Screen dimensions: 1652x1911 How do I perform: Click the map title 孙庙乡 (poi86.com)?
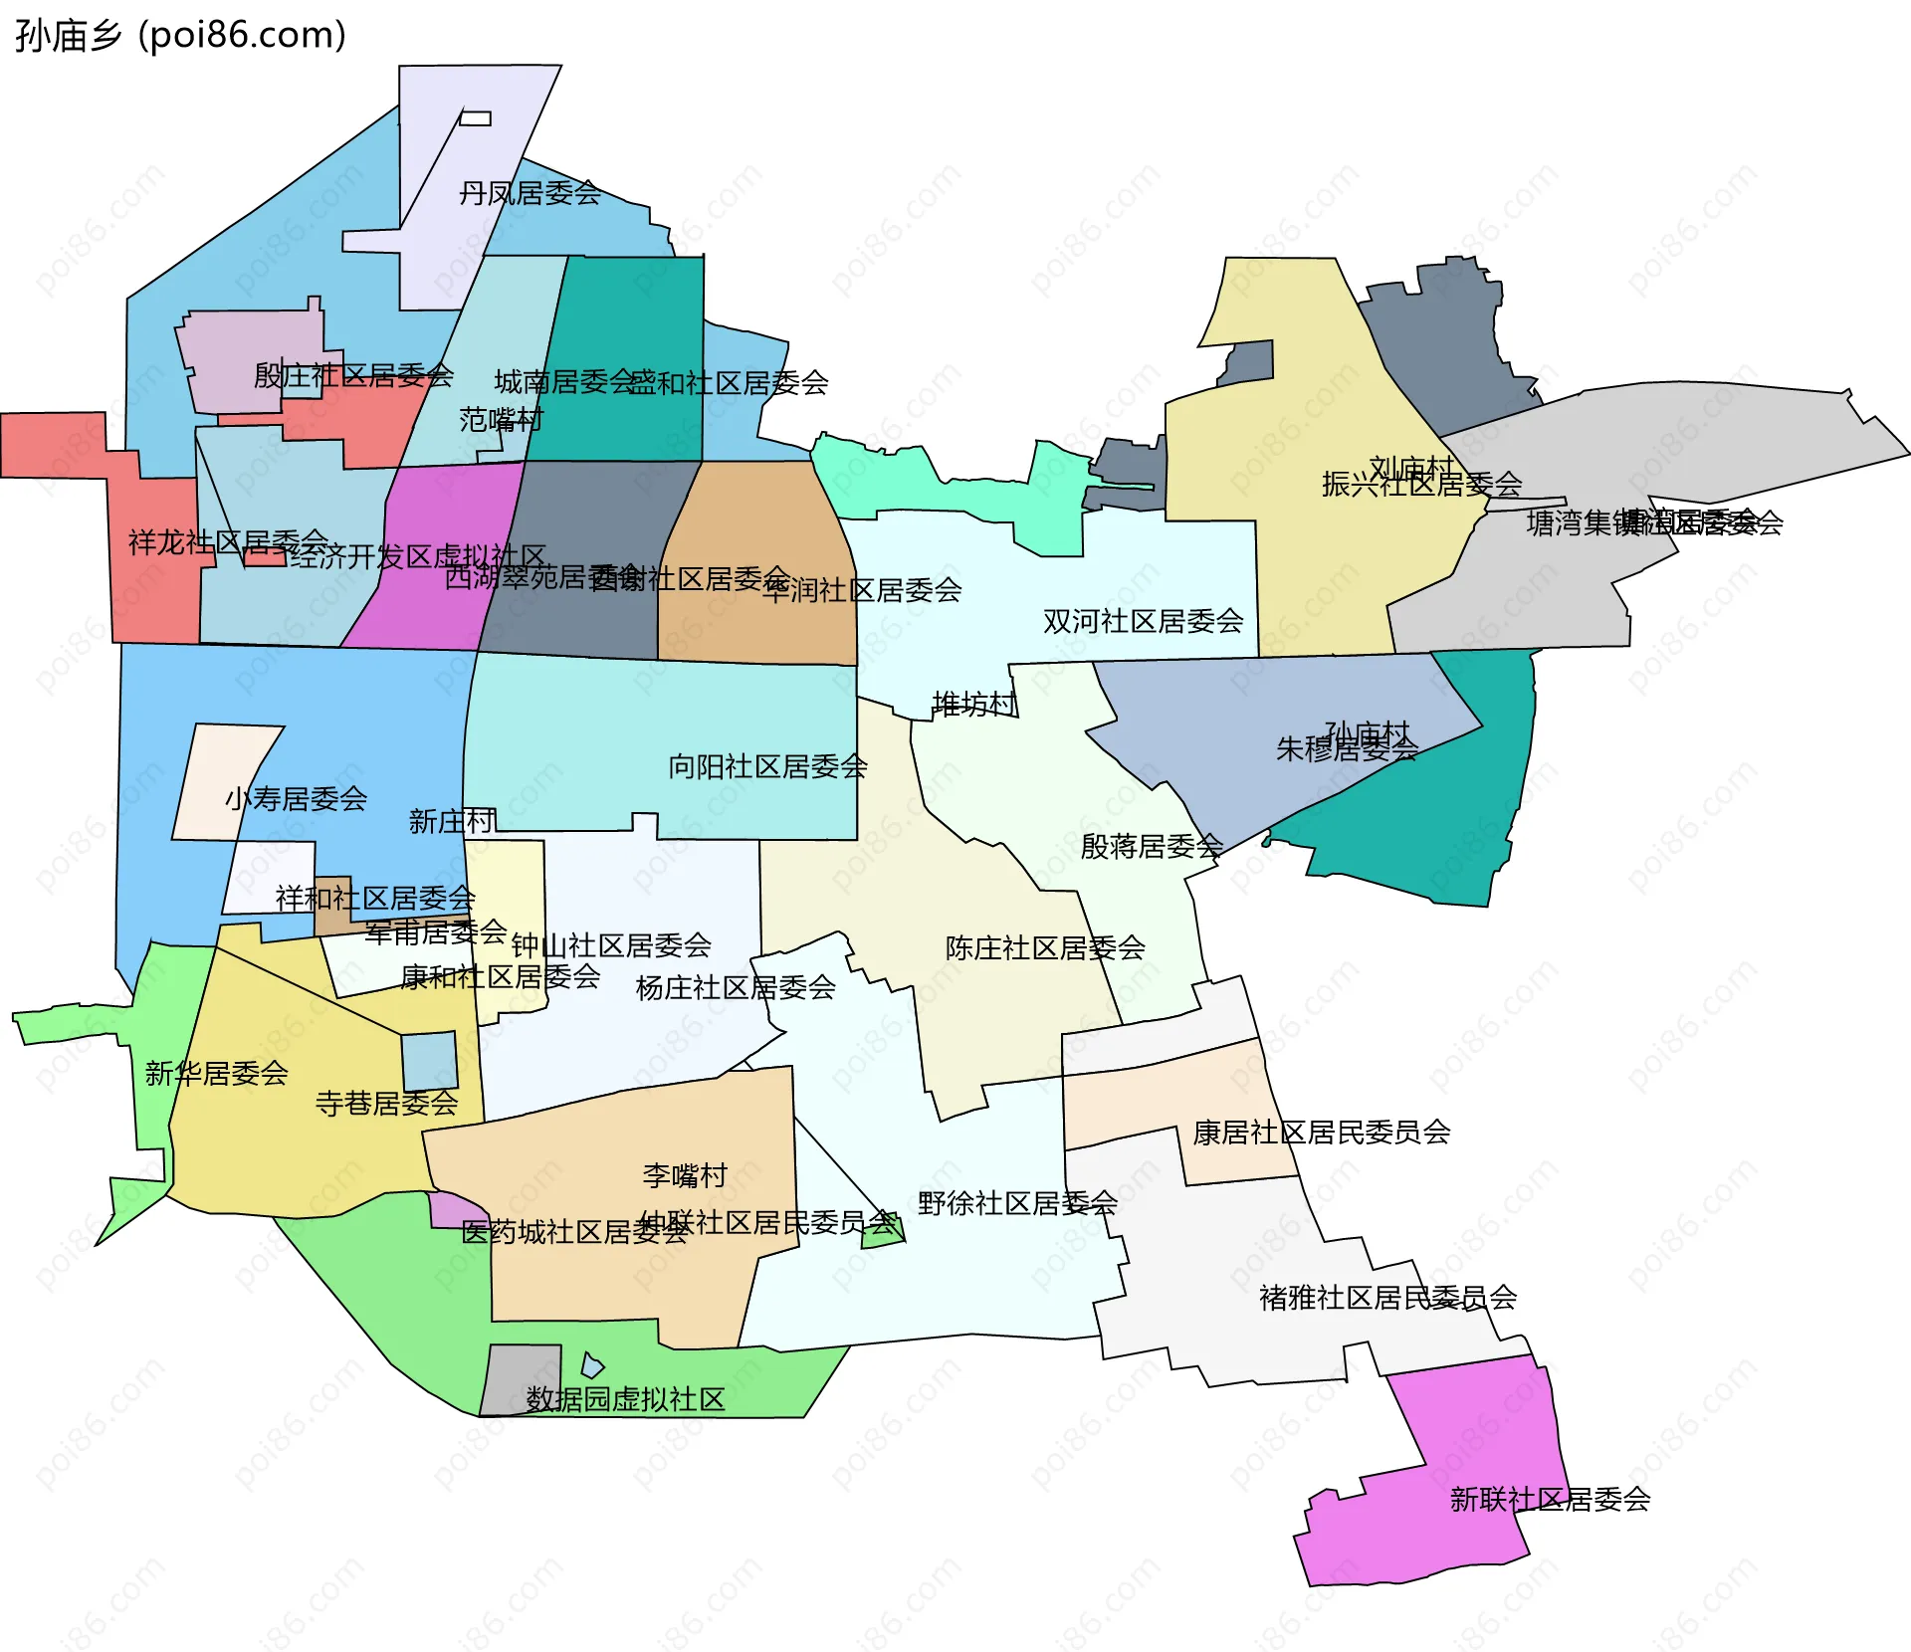pyautogui.click(x=180, y=36)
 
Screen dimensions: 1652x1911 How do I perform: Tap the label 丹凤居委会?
pyautogui.click(x=530, y=193)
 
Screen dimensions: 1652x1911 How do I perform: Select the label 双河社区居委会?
pyautogui.click(x=1143, y=622)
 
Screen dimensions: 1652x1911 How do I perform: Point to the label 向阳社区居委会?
pyautogui.click(x=767, y=767)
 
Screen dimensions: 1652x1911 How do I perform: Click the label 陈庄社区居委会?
pyautogui.click(x=1045, y=948)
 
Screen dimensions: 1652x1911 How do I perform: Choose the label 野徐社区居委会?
pyautogui.click(x=1017, y=1204)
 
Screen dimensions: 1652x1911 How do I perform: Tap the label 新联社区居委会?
pyautogui.click(x=1550, y=1500)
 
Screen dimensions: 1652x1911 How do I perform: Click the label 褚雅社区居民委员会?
pyautogui.click(x=1387, y=1298)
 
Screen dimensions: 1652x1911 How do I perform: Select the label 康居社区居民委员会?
pyautogui.click(x=1321, y=1133)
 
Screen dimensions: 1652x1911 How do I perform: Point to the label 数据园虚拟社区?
pyautogui.click(x=625, y=1400)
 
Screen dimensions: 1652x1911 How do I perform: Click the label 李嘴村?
pyautogui.click(x=685, y=1176)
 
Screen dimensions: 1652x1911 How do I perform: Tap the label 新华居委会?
pyautogui.click(x=216, y=1074)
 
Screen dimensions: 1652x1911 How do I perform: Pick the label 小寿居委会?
pyautogui.click(x=296, y=799)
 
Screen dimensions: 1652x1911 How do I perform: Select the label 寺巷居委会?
pyautogui.click(x=386, y=1104)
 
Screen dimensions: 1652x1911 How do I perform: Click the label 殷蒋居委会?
pyautogui.click(x=1152, y=847)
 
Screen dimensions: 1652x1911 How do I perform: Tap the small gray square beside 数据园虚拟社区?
pyautogui.click(x=521, y=1378)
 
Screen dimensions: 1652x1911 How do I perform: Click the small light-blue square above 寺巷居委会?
pyautogui.click(x=430, y=1061)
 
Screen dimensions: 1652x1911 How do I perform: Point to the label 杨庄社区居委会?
pyautogui.click(x=736, y=988)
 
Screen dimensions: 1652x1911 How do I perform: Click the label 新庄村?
pyautogui.click(x=452, y=822)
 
